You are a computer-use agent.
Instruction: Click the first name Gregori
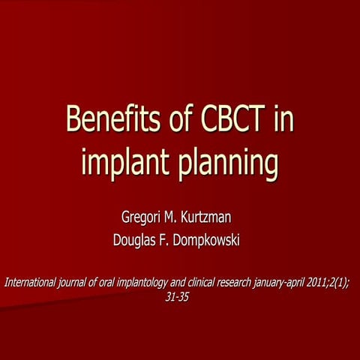click(143, 217)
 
